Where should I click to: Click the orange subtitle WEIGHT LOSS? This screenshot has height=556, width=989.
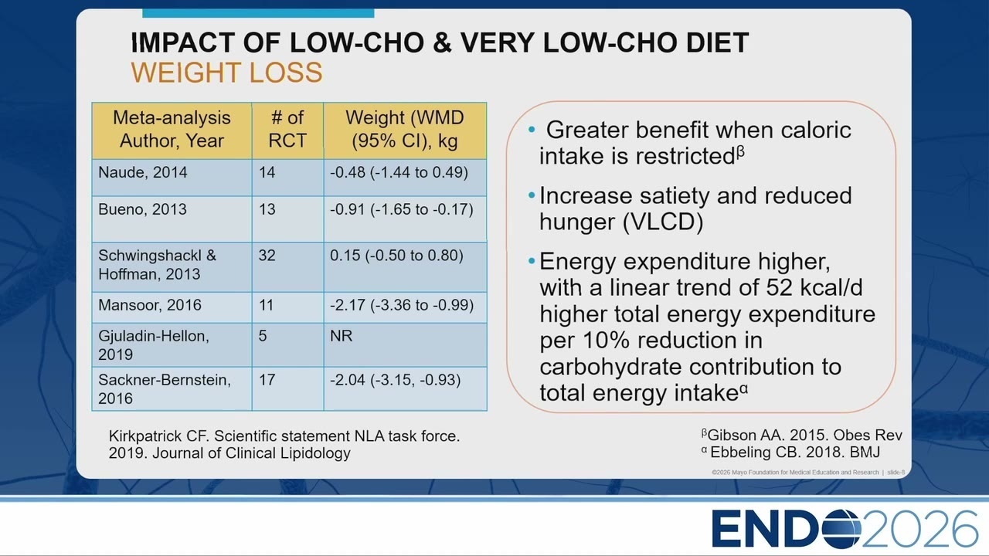[x=226, y=73]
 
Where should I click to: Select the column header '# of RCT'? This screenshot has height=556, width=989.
[x=287, y=129]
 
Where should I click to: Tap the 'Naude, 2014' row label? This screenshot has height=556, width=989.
[x=143, y=172]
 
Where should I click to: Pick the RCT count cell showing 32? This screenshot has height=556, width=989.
[x=267, y=255]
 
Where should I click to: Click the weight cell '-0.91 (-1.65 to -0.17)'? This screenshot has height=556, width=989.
[x=401, y=209]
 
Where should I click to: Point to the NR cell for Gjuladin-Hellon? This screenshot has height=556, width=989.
[x=342, y=336]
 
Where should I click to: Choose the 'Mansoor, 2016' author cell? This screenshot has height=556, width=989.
[x=150, y=305]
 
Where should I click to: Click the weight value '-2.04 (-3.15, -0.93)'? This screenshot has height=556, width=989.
[x=395, y=380]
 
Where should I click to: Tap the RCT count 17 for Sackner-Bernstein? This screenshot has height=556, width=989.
[x=267, y=379]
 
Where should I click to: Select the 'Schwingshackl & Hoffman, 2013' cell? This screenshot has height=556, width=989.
[x=157, y=265]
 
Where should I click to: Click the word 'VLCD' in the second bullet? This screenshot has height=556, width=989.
[x=663, y=222]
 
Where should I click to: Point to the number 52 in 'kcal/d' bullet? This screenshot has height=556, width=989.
[x=780, y=288]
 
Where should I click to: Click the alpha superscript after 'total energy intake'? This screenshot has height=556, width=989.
[x=743, y=389]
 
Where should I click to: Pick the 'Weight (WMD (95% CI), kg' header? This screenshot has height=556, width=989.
[x=405, y=129]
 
